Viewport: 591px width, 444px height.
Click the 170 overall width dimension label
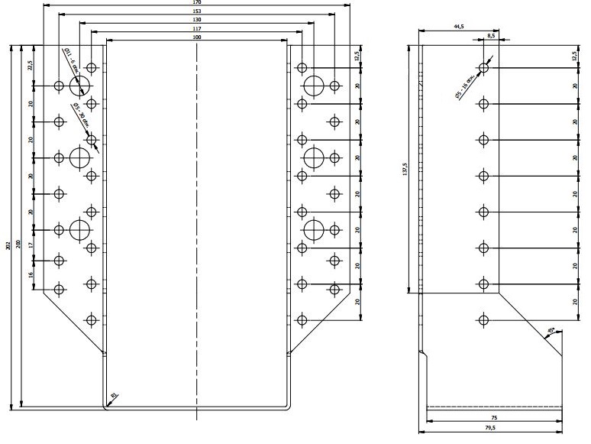point(197,3)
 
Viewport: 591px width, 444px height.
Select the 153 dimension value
point(197,11)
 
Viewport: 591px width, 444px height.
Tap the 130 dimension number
point(197,20)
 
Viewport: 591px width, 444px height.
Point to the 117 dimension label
point(197,28)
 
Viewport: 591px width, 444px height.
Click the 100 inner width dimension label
point(197,37)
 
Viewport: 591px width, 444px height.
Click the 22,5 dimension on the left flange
point(30,66)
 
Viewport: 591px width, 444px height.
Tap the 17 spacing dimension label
point(31,245)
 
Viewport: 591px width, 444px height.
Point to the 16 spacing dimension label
point(31,274)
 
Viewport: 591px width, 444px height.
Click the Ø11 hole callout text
point(70,60)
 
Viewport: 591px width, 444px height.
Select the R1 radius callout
point(114,395)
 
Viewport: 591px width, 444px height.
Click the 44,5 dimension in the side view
point(458,27)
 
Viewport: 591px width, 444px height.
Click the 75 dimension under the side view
point(494,418)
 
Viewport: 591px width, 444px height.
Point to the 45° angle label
point(551,332)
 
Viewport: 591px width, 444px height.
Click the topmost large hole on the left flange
point(80,86)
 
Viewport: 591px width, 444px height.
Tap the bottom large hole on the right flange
point(314,229)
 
